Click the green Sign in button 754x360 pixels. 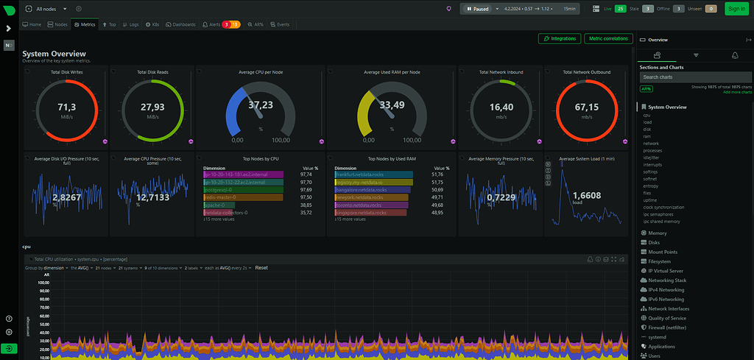735,9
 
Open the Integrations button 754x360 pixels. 560,38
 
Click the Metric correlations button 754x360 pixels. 607,38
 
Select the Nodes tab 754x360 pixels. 57,24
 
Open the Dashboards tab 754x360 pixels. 180,24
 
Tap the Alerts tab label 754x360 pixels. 213,24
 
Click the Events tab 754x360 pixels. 280,24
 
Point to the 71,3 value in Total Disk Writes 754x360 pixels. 67,107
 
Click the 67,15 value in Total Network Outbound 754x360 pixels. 587,107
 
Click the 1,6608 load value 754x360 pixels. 587,195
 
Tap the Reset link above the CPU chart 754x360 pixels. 261,268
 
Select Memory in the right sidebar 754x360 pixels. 658,233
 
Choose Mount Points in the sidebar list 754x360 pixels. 663,252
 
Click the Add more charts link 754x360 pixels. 737,92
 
